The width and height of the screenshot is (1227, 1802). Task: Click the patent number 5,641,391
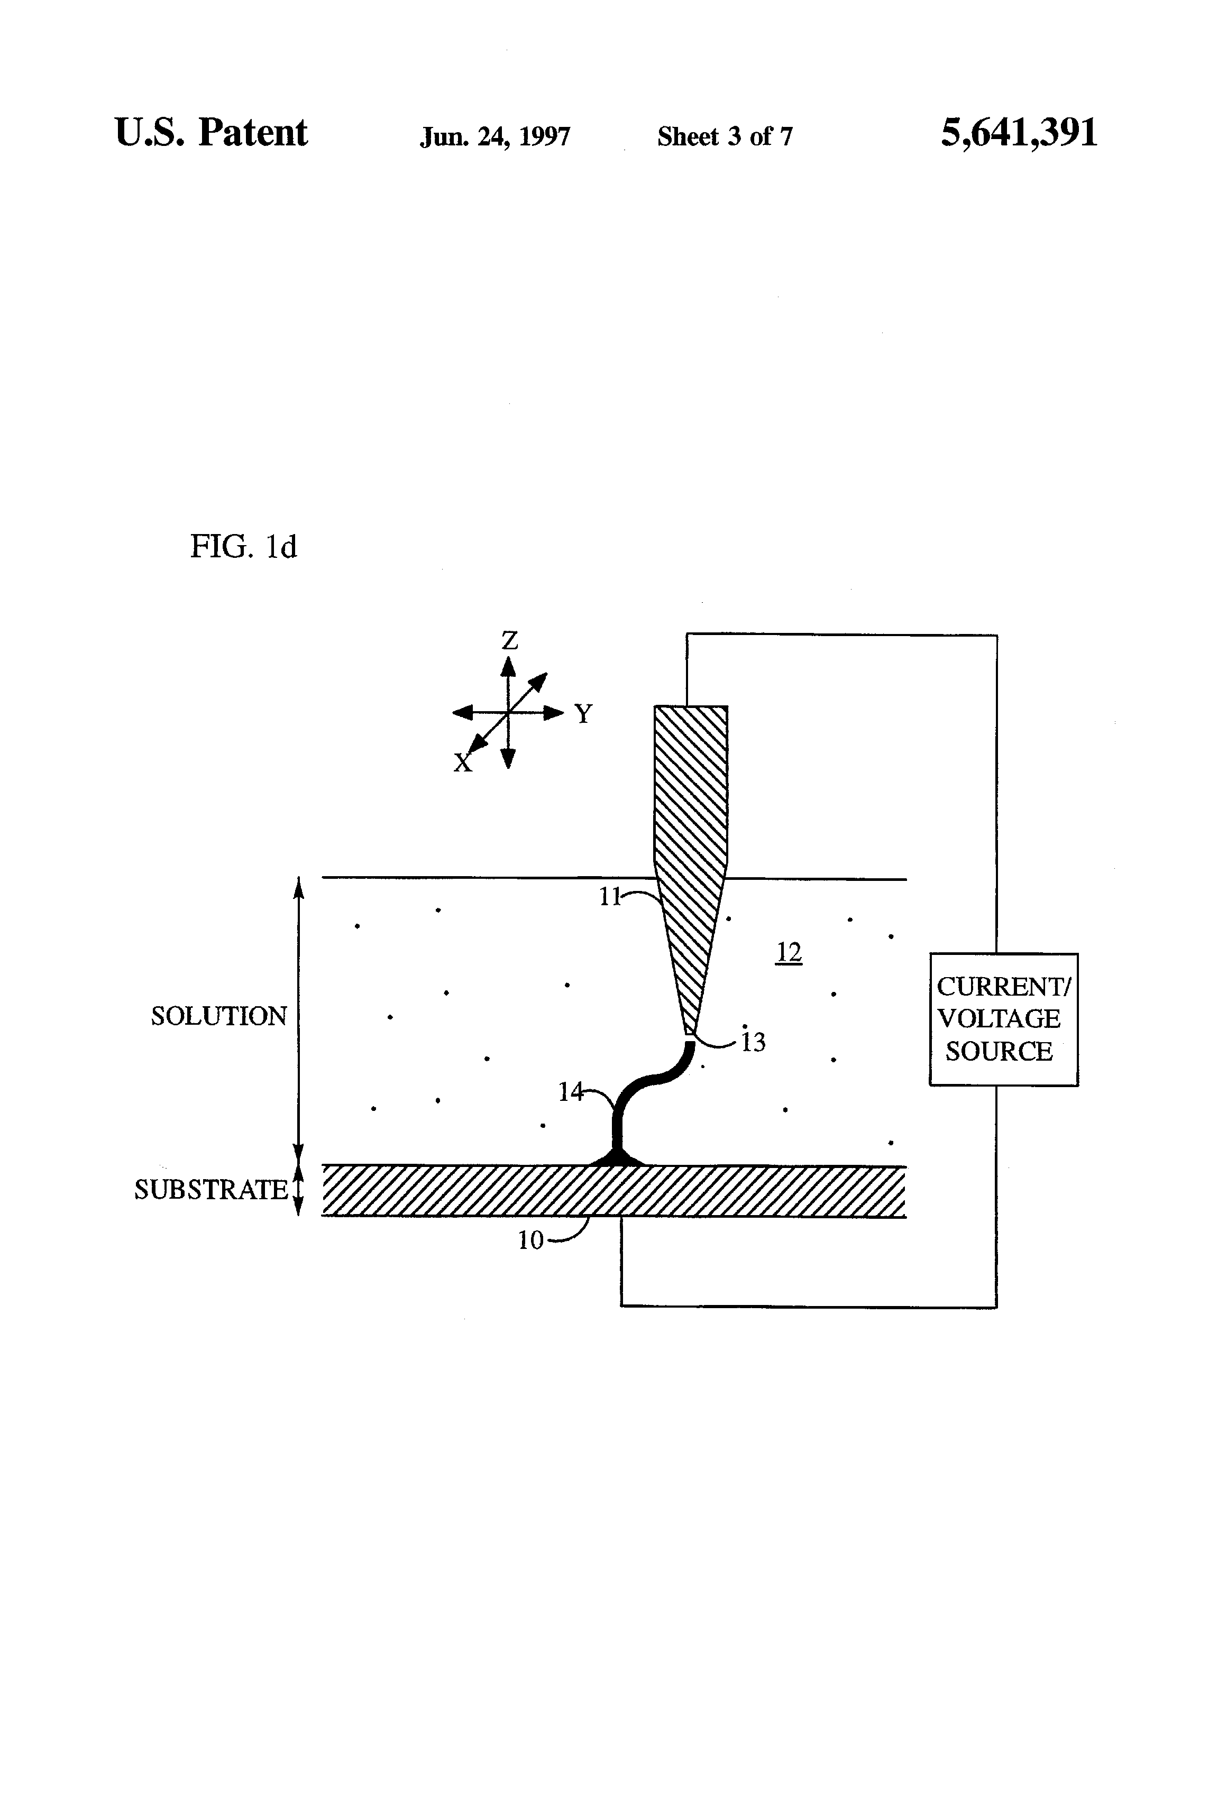1019,133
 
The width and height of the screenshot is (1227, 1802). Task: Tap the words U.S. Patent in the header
211,133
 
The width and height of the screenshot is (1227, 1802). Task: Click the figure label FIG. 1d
243,547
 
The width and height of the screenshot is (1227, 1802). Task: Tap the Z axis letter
509,640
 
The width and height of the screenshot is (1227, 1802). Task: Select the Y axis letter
583,713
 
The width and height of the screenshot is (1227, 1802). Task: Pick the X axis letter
462,764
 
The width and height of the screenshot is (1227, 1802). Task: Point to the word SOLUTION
219,1016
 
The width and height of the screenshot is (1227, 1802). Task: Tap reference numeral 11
610,897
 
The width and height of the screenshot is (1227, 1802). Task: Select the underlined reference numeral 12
788,952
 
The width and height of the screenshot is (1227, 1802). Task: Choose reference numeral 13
753,1043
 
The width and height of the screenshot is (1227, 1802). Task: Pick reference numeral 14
570,1092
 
